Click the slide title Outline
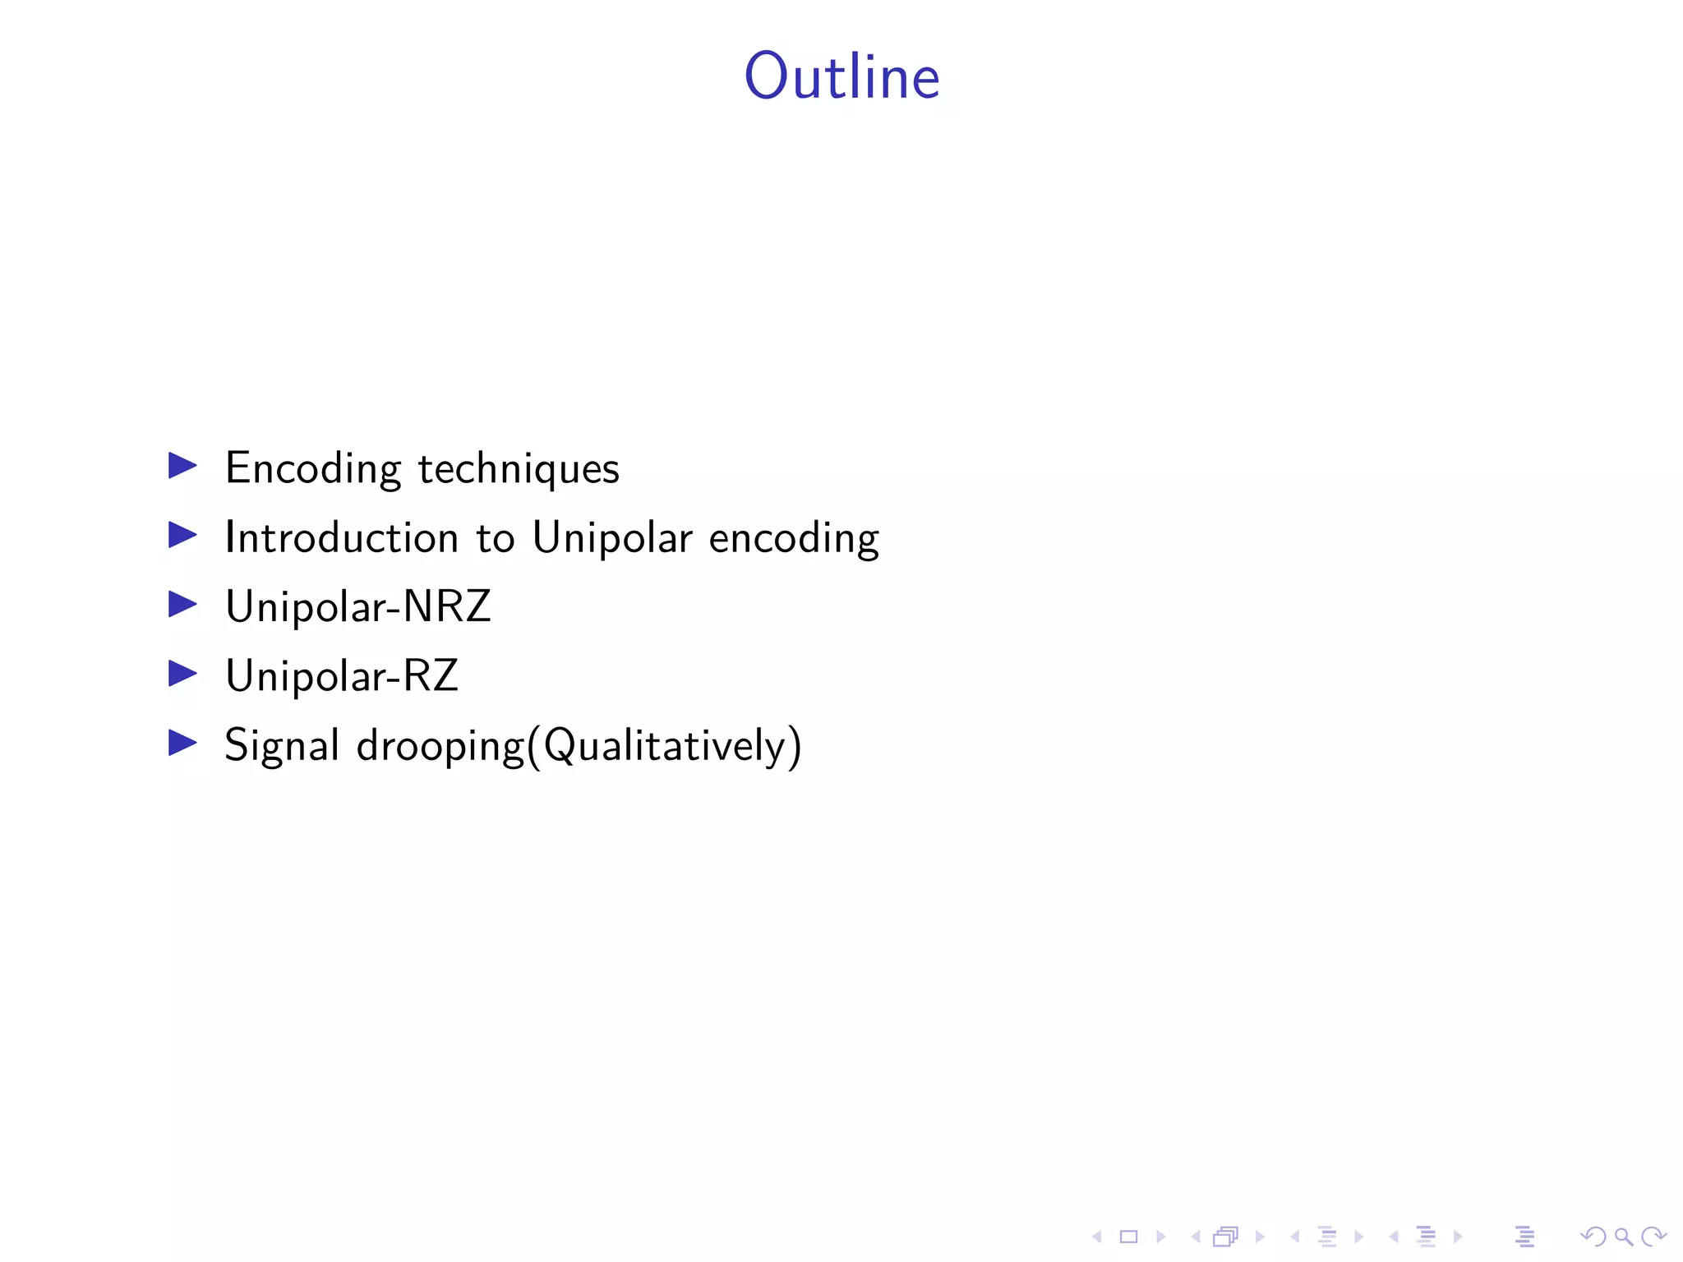[x=841, y=76]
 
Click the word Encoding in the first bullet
[x=313, y=469]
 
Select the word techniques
[x=519, y=469]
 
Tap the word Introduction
[x=341, y=538]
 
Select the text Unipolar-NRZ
[x=358, y=606]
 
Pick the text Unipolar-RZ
[x=342, y=676]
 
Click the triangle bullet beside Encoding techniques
[x=182, y=465]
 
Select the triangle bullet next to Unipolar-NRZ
[x=182, y=604]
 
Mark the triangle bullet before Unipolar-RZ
[x=182, y=674]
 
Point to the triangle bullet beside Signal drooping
[x=182, y=743]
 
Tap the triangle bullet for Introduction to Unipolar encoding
[x=182, y=535]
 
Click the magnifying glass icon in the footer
[x=1623, y=1237]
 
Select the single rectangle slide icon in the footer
[x=1128, y=1237]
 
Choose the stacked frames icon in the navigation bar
[x=1225, y=1237]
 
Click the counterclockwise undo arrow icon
[x=1593, y=1237]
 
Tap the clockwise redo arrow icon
[x=1653, y=1237]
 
